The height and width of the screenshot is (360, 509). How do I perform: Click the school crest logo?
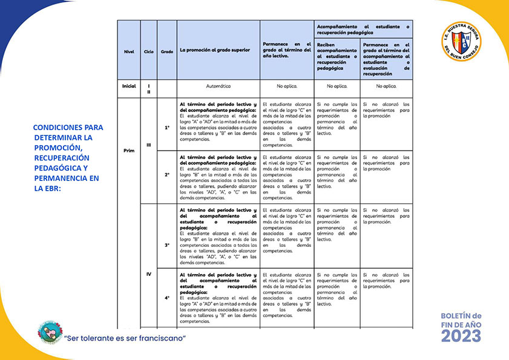click(x=461, y=42)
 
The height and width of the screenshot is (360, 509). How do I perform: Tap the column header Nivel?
click(x=128, y=51)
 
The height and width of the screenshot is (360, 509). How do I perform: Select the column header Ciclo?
click(x=148, y=51)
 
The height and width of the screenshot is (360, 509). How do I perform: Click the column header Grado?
click(x=166, y=51)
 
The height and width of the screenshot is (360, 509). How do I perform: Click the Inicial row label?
click(x=128, y=87)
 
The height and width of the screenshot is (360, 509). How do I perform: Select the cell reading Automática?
click(x=218, y=87)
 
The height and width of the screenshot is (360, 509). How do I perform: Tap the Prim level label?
click(x=128, y=150)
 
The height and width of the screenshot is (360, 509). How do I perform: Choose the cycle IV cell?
click(x=148, y=274)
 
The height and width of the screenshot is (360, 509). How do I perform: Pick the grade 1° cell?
click(x=167, y=128)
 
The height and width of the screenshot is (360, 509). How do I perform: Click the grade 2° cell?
click(x=167, y=175)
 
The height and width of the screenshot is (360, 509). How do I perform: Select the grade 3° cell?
click(x=167, y=245)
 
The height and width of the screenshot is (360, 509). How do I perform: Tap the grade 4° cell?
click(x=167, y=298)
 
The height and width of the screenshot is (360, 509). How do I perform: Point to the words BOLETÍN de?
click(x=461, y=315)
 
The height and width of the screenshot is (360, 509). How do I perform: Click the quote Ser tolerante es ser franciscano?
click(x=125, y=337)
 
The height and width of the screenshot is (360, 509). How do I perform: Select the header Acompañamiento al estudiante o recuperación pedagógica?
click(x=363, y=28)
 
